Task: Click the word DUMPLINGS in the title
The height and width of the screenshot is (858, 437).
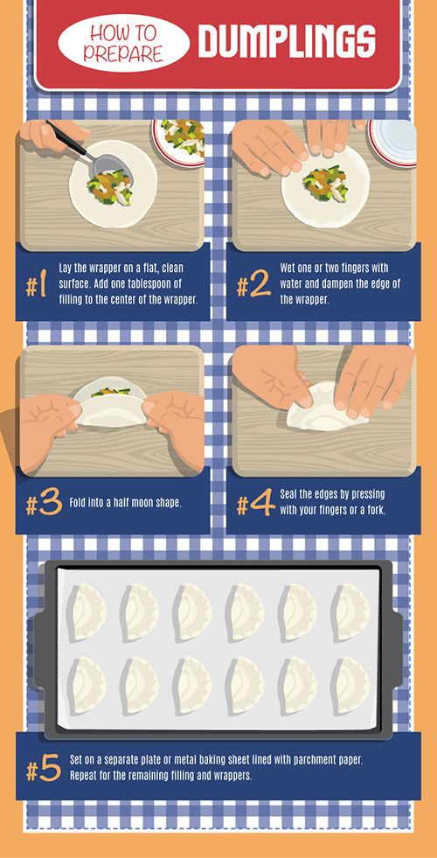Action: pos(287,41)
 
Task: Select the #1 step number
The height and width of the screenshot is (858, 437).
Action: pos(36,285)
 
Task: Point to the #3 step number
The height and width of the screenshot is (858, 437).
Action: pos(42,506)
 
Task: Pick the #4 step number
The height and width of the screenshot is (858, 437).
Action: pos(255,506)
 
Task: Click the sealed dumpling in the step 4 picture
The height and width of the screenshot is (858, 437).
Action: pos(315,408)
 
